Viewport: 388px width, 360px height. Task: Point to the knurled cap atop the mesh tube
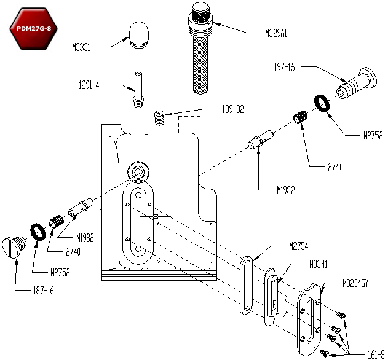(x=201, y=14)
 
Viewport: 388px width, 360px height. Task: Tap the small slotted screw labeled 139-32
(x=159, y=117)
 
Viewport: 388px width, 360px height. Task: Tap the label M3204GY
(x=357, y=283)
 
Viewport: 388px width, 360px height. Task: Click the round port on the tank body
(x=137, y=172)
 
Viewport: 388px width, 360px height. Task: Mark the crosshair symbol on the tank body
(x=155, y=216)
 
